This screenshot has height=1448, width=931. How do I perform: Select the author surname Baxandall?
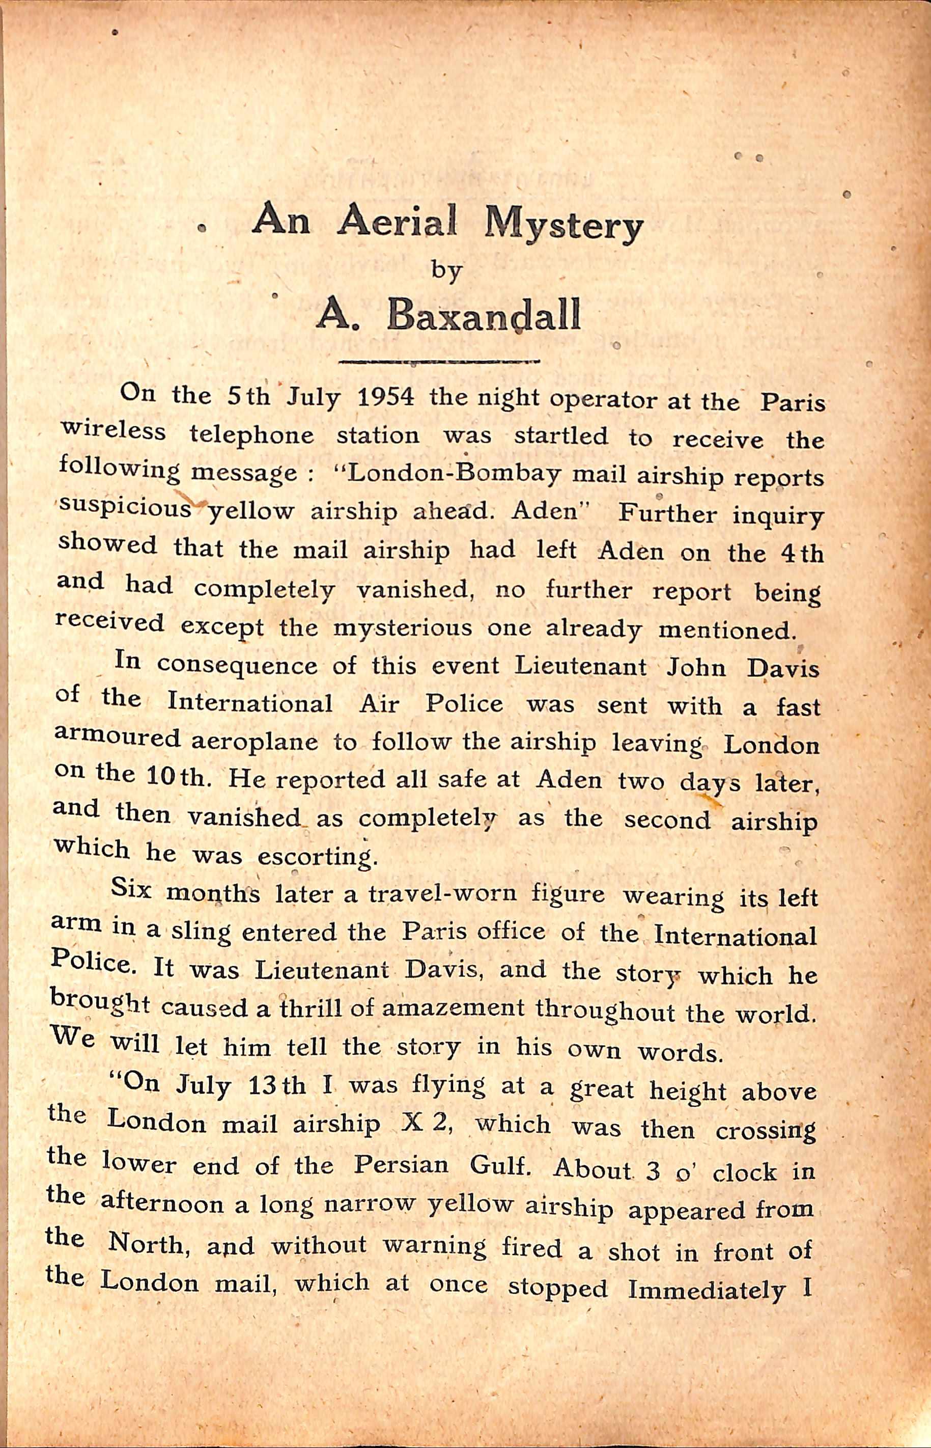pyautogui.click(x=483, y=315)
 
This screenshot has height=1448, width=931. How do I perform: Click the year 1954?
pyautogui.click(x=386, y=397)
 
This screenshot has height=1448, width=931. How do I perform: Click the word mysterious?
pyautogui.click(x=403, y=628)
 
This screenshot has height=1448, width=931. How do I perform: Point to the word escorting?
pyautogui.click(x=314, y=857)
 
